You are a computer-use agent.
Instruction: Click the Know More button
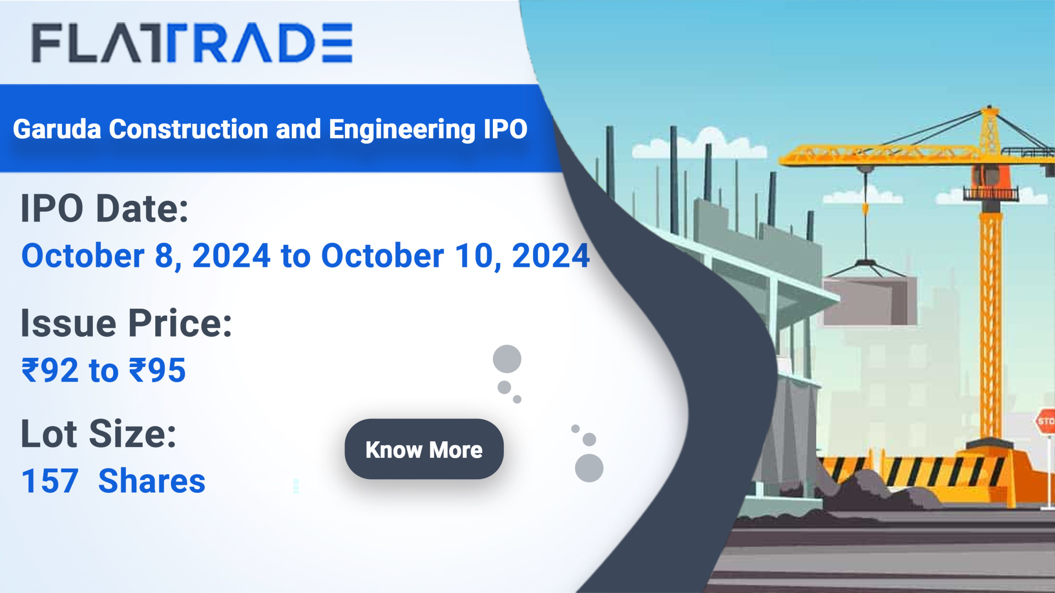(x=424, y=449)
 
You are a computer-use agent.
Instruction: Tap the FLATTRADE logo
(x=192, y=42)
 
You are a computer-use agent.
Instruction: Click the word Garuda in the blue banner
(x=57, y=129)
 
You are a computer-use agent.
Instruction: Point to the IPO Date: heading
(x=105, y=208)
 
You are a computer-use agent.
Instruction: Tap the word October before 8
(x=83, y=256)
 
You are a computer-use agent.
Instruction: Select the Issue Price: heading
(x=126, y=324)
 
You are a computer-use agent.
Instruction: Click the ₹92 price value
(x=50, y=370)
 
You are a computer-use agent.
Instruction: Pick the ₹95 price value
(x=157, y=370)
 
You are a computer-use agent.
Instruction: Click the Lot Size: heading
(x=98, y=434)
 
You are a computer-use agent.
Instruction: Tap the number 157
(x=50, y=481)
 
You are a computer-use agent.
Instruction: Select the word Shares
(x=152, y=481)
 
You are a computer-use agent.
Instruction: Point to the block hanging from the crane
(x=870, y=300)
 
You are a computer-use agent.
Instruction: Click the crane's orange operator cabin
(x=989, y=175)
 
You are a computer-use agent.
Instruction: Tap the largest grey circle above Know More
(x=507, y=359)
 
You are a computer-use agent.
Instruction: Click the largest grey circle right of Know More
(x=589, y=468)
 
